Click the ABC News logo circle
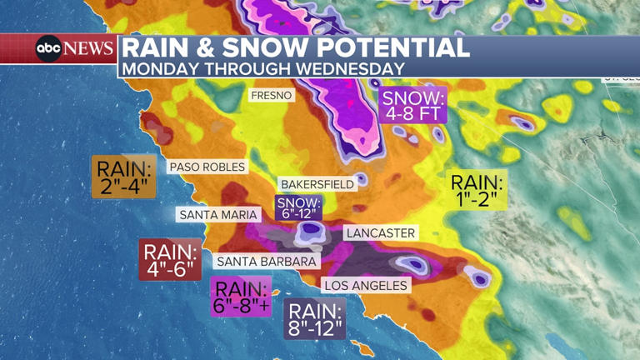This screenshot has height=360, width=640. tap(48, 48)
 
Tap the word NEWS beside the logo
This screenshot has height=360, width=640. tap(88, 48)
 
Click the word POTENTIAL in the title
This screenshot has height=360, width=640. tap(387, 47)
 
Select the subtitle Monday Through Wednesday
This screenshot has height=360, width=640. tap(263, 69)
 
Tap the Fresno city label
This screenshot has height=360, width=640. tap(272, 96)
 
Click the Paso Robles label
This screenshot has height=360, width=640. tap(207, 167)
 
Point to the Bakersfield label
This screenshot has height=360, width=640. tap(317, 183)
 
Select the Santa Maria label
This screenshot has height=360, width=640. tap(217, 215)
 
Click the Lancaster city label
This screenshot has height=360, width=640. tap(379, 233)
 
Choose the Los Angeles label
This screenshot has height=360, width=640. tap(367, 286)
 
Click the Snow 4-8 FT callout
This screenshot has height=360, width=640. tap(413, 104)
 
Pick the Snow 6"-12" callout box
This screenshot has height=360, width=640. tap(298, 207)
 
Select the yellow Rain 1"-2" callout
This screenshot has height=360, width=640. tap(477, 190)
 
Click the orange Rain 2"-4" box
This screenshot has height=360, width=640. tap(123, 177)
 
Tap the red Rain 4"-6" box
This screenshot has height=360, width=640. tap(170, 259)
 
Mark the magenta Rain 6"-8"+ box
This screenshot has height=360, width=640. tap(242, 297)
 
